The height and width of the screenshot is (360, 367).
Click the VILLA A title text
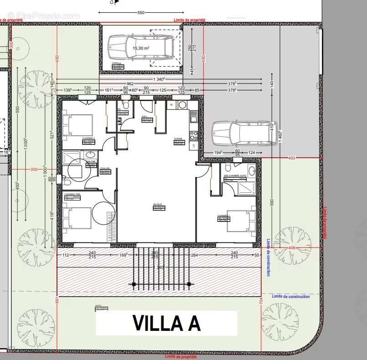pyautogui.click(x=166, y=323)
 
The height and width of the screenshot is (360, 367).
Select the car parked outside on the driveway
pyautogui.click(x=244, y=133)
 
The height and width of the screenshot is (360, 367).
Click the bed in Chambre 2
pyautogui.click(x=78, y=125)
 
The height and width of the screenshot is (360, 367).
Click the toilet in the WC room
pyautogui.click(x=124, y=105)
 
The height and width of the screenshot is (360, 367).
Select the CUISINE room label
pyautogui.click(x=178, y=139)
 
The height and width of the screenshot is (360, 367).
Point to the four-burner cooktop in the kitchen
pyautogui.click(x=193, y=135)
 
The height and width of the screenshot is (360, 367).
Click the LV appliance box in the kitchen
pyautogui.click(x=193, y=146)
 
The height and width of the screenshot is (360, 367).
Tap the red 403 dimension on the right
pyautogui.click(x=292, y=158)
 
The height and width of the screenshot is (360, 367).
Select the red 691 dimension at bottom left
pyautogui.click(x=57, y=301)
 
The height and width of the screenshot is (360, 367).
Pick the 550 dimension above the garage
pyautogui.click(x=141, y=13)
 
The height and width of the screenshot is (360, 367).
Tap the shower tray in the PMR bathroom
pyautogui.click(x=72, y=158)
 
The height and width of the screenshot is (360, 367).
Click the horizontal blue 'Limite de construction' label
pyautogui.click(x=290, y=297)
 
